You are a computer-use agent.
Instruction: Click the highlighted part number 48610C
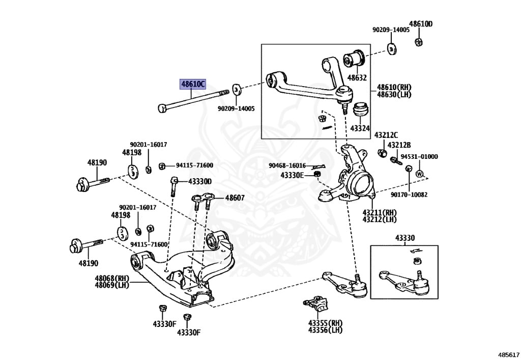(193, 84)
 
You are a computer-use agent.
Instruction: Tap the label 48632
(357, 78)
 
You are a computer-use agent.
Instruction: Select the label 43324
(360, 128)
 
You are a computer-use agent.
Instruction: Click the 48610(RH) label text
(394, 88)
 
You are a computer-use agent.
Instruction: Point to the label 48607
(235, 198)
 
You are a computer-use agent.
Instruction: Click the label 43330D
(199, 181)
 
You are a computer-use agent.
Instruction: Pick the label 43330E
(292, 175)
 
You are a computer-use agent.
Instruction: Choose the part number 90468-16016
(287, 165)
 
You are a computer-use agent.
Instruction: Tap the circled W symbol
(419, 174)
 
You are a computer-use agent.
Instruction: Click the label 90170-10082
(409, 195)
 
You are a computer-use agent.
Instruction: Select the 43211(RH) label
(380, 212)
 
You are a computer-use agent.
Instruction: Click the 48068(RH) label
(112, 278)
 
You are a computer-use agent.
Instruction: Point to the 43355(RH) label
(325, 323)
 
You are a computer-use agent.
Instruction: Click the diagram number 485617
(508, 355)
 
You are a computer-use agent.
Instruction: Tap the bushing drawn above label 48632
(354, 59)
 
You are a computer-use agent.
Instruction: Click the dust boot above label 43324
(360, 109)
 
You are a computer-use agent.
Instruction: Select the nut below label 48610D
(419, 42)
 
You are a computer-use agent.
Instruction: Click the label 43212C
(386, 135)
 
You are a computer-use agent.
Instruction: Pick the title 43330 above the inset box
(404, 238)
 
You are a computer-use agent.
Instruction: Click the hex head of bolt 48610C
(162, 108)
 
